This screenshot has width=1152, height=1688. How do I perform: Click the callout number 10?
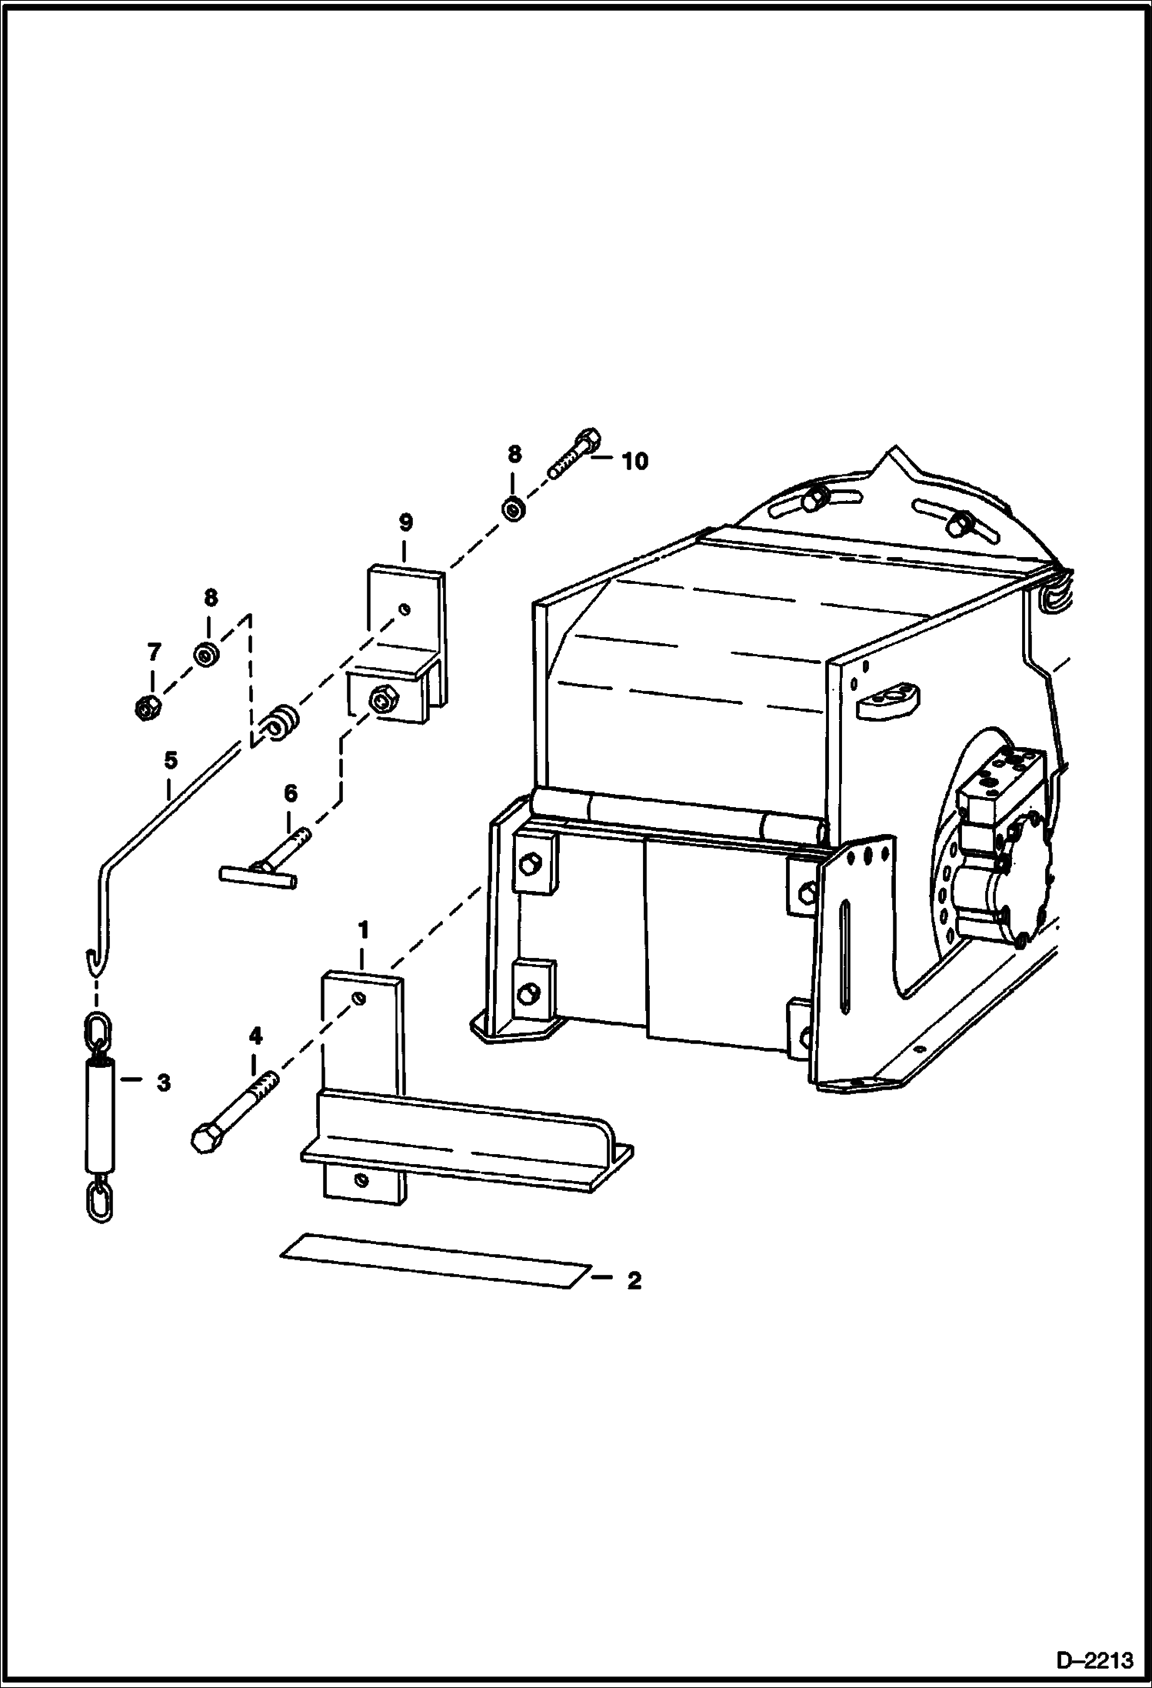click(635, 462)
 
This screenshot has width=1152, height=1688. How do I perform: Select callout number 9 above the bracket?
click(405, 523)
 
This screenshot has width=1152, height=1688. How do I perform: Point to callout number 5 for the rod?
click(170, 761)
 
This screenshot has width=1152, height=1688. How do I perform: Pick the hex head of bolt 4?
click(205, 1139)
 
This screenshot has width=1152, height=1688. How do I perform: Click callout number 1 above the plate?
click(363, 930)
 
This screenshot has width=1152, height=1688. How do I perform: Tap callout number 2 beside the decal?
click(634, 1280)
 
